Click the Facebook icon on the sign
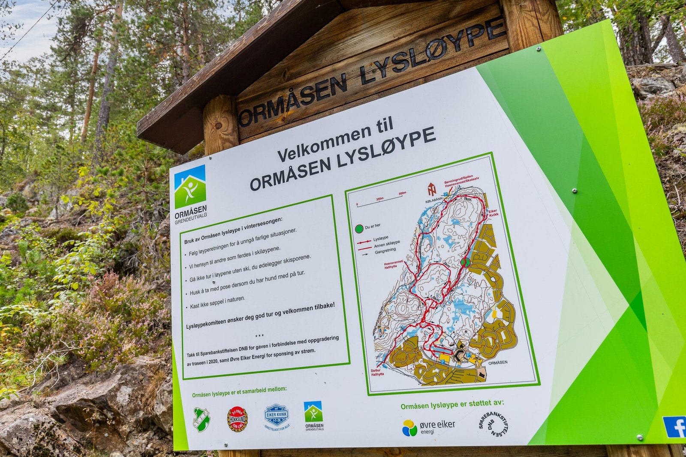[675, 427]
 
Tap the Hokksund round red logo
[237, 419]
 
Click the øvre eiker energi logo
[428, 427]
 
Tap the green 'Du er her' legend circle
[359, 229]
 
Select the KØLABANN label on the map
[433, 200]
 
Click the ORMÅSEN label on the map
[498, 362]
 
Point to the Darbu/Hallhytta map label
[377, 372]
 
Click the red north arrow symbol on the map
[431, 188]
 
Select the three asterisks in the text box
[259, 336]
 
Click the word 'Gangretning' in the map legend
[385, 251]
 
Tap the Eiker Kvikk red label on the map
[493, 213]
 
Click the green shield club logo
[201, 419]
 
